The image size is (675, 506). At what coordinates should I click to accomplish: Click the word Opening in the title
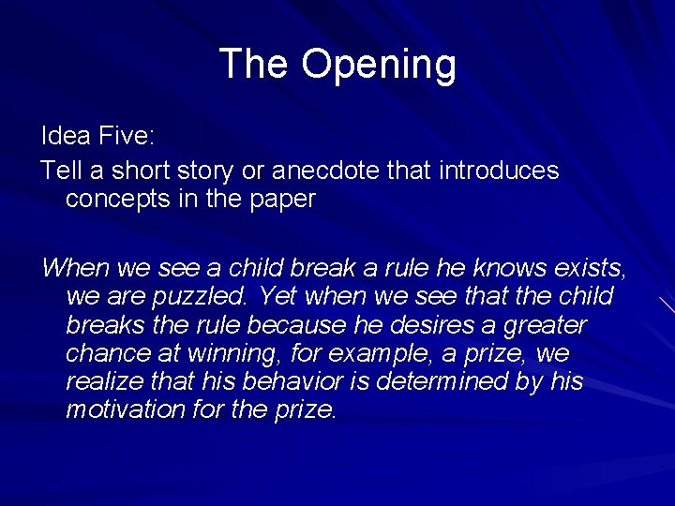pyautogui.click(x=379, y=65)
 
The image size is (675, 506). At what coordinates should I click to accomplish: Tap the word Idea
pyautogui.click(x=66, y=136)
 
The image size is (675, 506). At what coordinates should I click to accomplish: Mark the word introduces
pyautogui.click(x=499, y=171)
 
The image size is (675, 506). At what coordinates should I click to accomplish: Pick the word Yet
pyautogui.click(x=278, y=297)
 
